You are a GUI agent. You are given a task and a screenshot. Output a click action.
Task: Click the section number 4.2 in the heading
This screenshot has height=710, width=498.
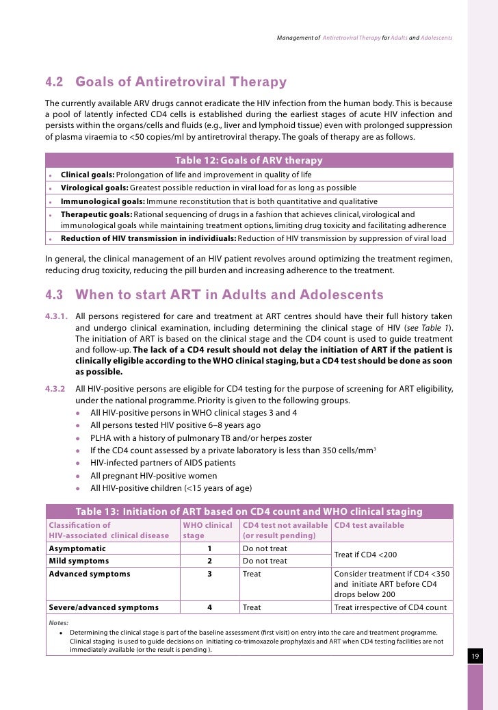click(x=54, y=82)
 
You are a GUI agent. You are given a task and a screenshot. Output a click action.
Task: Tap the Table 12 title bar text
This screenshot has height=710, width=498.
click(x=249, y=160)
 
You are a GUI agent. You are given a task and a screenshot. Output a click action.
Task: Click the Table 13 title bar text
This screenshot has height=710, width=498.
click(x=249, y=511)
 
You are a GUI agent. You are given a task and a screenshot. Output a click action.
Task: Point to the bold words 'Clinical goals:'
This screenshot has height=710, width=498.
click(x=88, y=175)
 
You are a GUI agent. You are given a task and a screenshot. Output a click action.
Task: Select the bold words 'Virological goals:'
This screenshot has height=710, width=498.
click(x=94, y=188)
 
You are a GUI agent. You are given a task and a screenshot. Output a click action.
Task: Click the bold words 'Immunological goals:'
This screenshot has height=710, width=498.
click(x=103, y=201)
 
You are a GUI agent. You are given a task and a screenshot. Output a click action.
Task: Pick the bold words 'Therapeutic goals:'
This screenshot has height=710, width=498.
click(x=96, y=214)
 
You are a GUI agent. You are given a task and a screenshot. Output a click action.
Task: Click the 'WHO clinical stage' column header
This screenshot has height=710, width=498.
click(x=208, y=530)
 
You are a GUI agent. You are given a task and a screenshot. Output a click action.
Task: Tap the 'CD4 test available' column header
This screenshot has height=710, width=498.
click(x=369, y=525)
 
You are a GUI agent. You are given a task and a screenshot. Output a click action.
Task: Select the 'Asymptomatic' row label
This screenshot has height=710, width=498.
click(x=77, y=548)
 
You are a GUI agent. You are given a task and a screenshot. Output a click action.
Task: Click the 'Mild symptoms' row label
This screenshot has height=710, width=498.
click(x=79, y=561)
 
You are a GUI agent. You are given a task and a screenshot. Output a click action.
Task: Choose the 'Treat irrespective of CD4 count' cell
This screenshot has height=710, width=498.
click(x=390, y=607)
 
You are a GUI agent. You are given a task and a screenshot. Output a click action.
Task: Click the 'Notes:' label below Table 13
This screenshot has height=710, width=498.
click(x=59, y=622)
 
